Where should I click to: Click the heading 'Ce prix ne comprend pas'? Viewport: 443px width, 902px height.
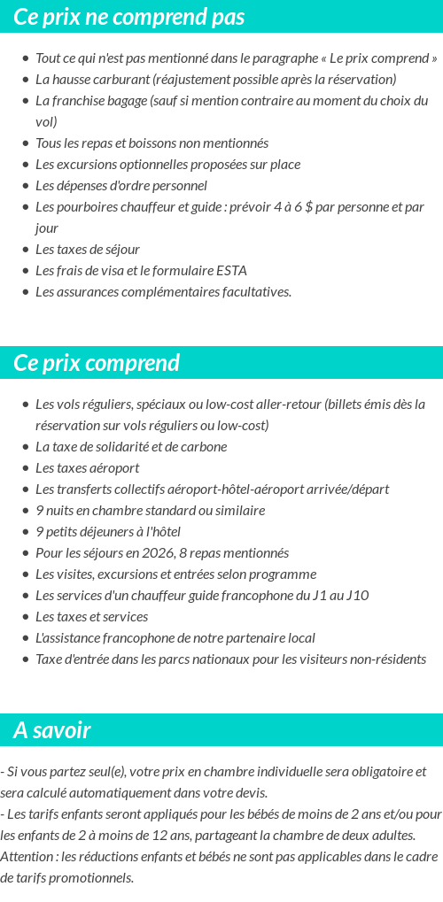pos(129,17)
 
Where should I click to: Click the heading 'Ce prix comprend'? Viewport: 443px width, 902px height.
pos(97,363)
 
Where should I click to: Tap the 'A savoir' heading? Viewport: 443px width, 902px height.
pos(51,730)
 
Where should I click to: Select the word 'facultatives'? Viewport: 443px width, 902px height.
pos(252,292)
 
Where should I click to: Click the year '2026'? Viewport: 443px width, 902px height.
pos(159,553)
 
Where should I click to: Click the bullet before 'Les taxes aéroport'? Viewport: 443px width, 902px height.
pos(25,468)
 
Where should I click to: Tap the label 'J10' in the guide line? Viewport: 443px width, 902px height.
pos(357,596)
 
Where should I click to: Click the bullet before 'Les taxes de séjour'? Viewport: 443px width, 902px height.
pos(25,250)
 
